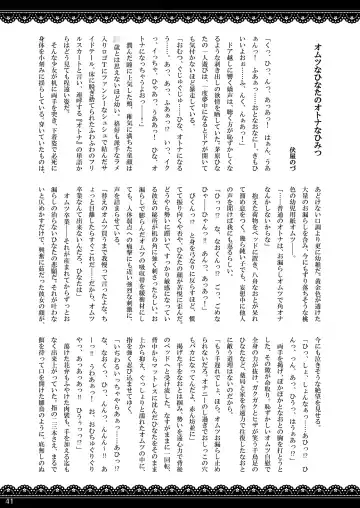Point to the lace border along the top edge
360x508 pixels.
pyautogui.click(x=180, y=7)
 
